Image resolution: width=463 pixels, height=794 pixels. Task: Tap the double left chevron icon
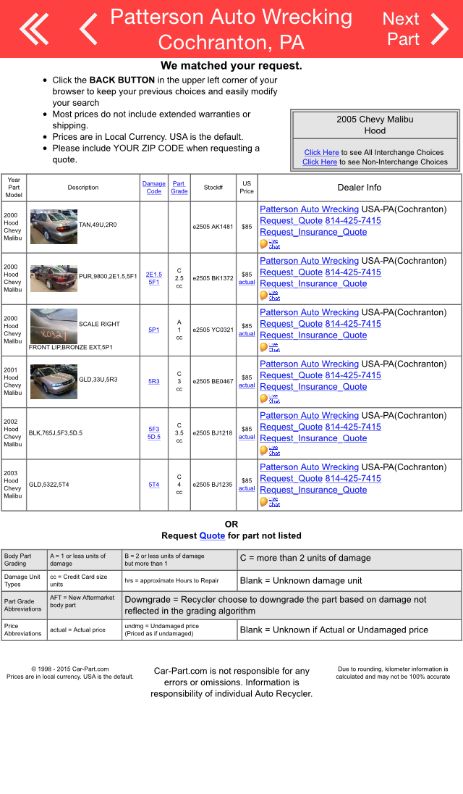[x=34, y=29]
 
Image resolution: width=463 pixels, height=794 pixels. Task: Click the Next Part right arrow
[x=439, y=29]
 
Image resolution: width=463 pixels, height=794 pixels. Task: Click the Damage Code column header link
[x=153, y=188]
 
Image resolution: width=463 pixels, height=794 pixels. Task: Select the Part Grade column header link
[x=179, y=188]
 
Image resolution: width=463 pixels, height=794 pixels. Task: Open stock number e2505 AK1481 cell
[x=213, y=227]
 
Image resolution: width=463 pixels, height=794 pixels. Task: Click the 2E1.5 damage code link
[x=154, y=275]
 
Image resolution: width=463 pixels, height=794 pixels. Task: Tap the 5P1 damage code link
[x=154, y=330]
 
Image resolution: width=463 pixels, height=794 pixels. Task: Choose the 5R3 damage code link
[x=154, y=381]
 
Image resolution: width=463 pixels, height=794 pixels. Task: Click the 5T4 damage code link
[x=154, y=485]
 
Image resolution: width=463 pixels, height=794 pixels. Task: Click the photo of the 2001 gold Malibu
[x=54, y=381]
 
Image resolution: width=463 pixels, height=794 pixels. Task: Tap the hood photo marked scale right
[x=54, y=326]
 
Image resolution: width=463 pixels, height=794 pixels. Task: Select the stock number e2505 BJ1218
[x=213, y=433]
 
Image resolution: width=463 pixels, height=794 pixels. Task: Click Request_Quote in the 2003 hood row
[x=291, y=479]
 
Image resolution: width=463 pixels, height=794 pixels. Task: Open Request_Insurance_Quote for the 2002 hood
[x=313, y=438]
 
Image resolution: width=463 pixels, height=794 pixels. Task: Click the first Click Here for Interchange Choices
[x=321, y=152]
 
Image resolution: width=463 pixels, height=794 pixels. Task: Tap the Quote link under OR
[x=212, y=535]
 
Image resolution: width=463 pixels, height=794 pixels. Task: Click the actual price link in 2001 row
[x=247, y=385]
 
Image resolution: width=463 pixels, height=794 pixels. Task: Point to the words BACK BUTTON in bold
[x=122, y=80]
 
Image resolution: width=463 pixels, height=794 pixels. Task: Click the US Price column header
[x=247, y=188]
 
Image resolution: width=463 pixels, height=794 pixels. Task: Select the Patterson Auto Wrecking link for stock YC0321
[x=309, y=312]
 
